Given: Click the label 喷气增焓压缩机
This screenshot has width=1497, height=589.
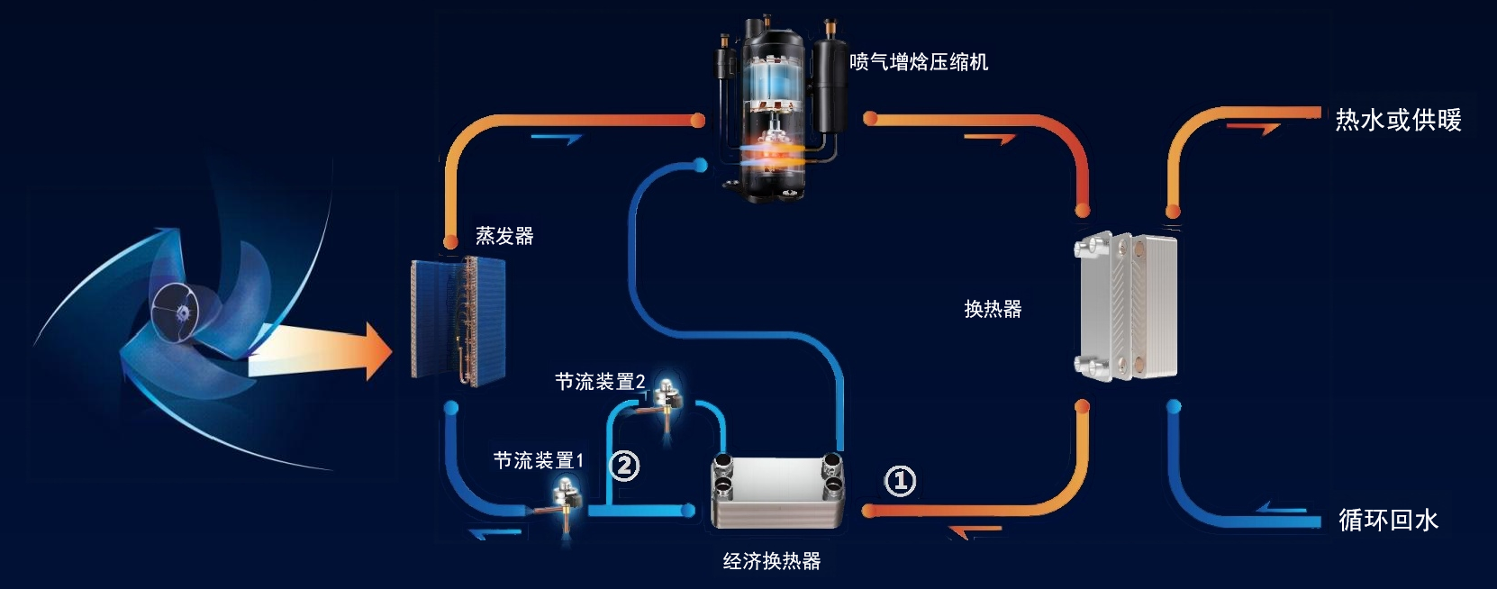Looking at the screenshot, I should point(919,62).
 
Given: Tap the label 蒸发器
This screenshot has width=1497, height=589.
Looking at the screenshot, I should point(504,236).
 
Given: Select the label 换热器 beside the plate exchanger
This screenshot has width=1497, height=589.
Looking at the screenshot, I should point(993,309).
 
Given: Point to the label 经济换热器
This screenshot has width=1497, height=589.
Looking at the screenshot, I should point(772,561).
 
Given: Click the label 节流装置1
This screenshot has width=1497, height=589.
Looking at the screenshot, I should point(539,461).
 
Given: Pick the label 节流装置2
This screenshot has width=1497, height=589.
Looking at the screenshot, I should point(600,382).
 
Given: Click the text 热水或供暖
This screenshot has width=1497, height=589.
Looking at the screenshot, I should point(1398,120).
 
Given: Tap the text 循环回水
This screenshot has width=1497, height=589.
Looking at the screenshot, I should point(1388,520).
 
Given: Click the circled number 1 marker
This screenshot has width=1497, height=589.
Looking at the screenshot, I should point(900,481).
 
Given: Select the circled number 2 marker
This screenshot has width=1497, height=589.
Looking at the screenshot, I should point(624,466).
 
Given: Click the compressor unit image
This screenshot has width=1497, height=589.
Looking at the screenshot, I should point(777,104).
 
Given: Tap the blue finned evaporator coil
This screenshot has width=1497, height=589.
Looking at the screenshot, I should point(458,320).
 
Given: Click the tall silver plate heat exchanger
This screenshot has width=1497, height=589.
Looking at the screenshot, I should point(1127,306).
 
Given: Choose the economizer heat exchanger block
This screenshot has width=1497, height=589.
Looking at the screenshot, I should point(778,491).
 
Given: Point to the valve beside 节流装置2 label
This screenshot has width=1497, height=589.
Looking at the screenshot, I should point(667,395).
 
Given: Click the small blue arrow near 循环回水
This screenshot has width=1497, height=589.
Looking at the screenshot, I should point(1283,509).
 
